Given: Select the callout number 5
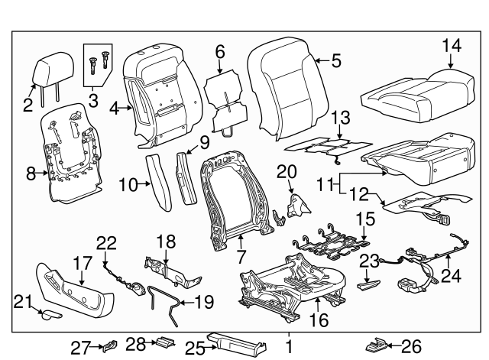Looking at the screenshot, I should pyautogui.click(x=336, y=58).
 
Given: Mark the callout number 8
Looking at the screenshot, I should pyautogui.click(x=31, y=174).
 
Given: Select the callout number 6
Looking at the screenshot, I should pyautogui.click(x=219, y=52).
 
